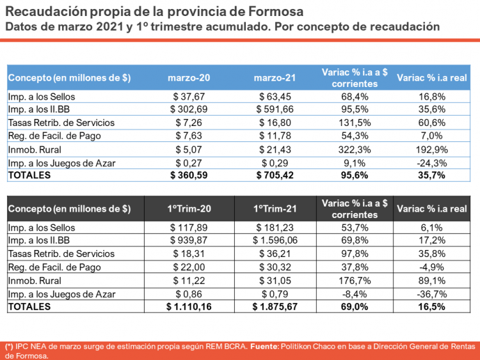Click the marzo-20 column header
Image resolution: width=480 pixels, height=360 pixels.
pyautogui.click(x=188, y=78)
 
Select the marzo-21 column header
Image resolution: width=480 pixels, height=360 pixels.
pyautogui.click(x=275, y=78)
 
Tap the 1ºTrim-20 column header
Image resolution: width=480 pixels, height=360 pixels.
pyautogui.click(x=188, y=208)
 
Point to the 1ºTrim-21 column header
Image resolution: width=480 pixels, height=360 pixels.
pyautogui.click(x=275, y=208)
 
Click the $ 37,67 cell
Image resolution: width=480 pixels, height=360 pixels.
pyautogui.click(x=188, y=97)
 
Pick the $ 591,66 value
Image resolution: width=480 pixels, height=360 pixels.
pyautogui.click(x=275, y=109)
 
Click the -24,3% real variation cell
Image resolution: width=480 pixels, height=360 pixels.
pyautogui.click(x=432, y=162)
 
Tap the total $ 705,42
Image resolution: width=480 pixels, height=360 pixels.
pyautogui.click(x=275, y=175)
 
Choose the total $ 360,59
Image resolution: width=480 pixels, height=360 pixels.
pyautogui.click(x=188, y=175)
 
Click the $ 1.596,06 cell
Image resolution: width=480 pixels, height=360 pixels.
pyautogui.click(x=275, y=240)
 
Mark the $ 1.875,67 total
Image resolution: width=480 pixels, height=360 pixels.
pyautogui.click(x=275, y=307)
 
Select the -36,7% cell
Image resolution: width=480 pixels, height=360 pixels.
pyautogui.click(x=432, y=293)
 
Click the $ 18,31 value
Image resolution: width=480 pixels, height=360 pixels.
pyautogui.click(x=188, y=254)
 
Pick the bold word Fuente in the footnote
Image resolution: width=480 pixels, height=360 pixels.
pyautogui.click(x=264, y=346)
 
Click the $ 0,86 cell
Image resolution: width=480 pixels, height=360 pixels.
pyautogui.click(x=188, y=293)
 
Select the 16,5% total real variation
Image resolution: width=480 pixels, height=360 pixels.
pyautogui.click(x=432, y=307)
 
